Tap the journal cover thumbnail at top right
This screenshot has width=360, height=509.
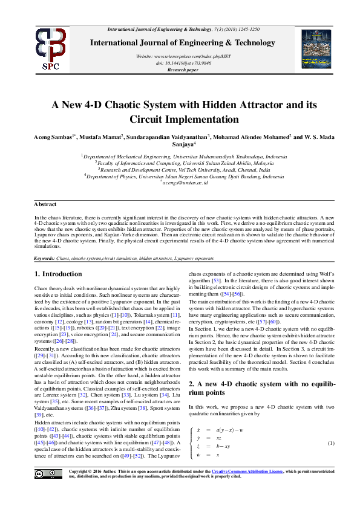tap(313, 49)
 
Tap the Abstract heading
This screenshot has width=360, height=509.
tap(45, 205)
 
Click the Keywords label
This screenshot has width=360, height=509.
tap(45, 258)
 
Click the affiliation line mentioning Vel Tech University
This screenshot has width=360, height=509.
tap(182, 170)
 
